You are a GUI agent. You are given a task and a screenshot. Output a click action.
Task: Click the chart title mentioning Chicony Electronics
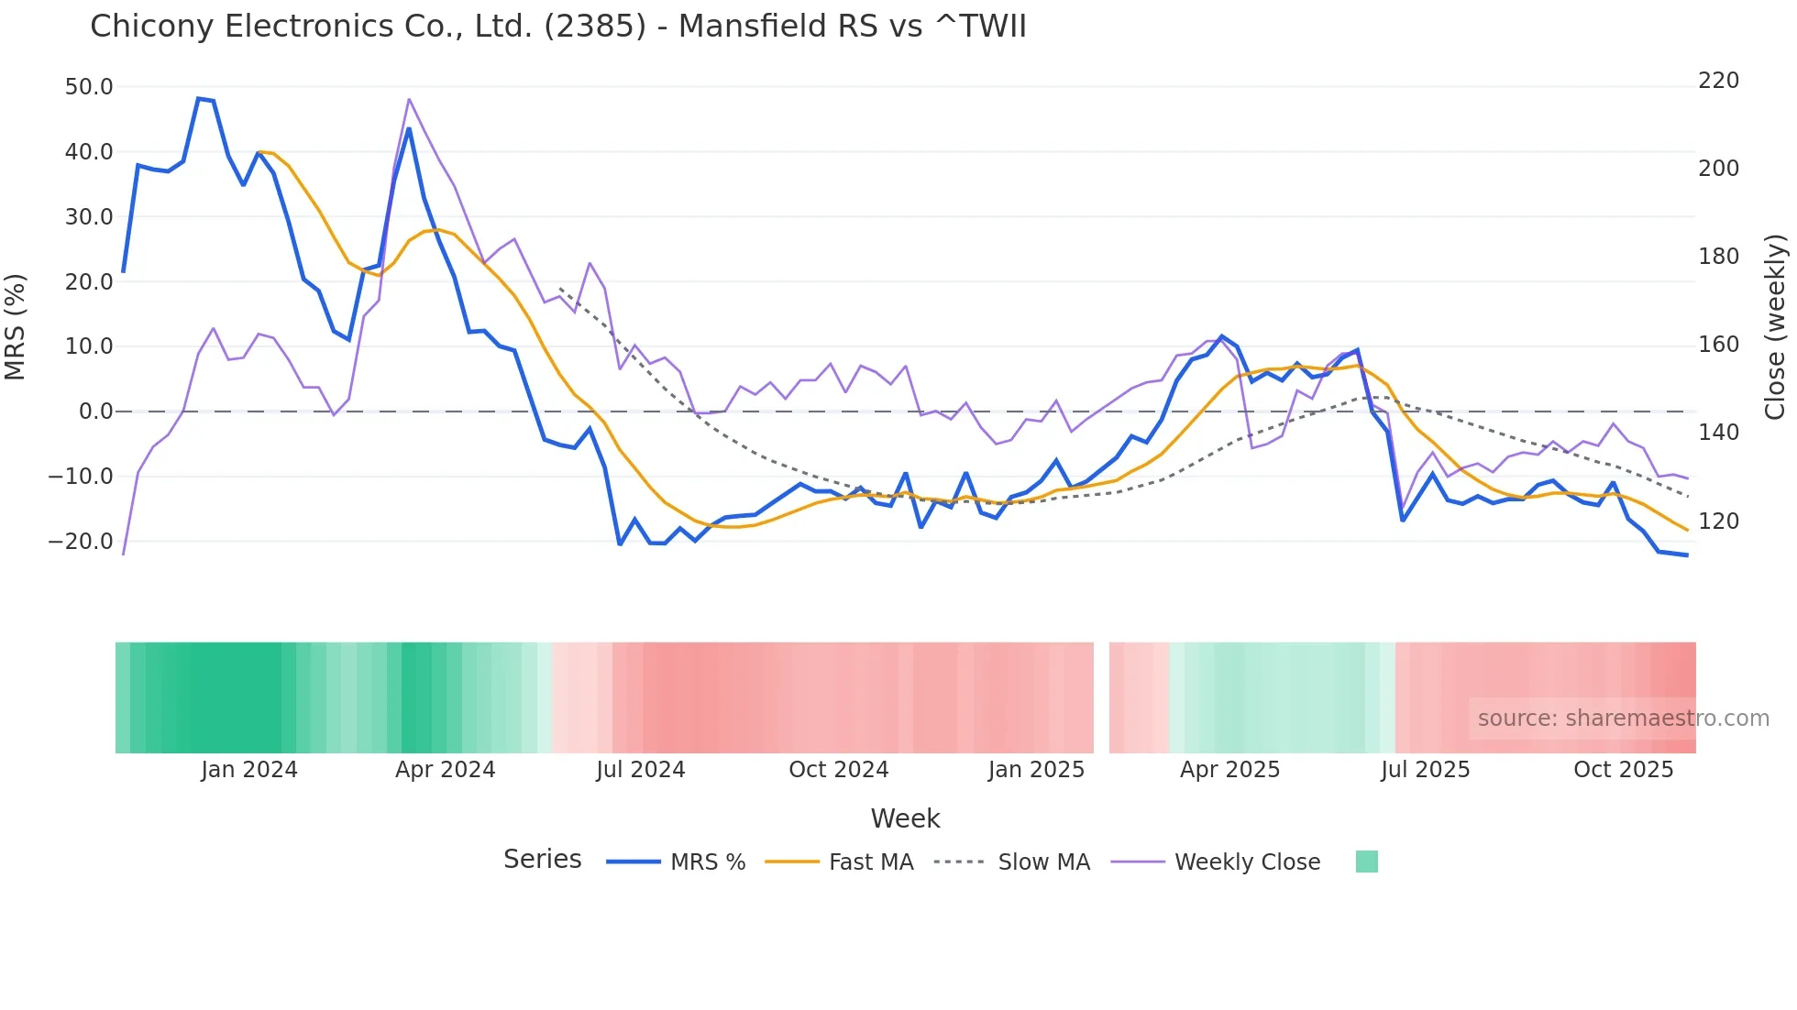click(557, 27)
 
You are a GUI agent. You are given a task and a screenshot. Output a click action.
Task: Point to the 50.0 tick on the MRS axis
click(89, 87)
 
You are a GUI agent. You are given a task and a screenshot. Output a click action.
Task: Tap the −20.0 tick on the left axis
click(81, 542)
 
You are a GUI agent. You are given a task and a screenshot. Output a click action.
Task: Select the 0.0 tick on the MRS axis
click(95, 412)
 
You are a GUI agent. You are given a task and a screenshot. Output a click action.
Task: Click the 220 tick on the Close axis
click(1718, 81)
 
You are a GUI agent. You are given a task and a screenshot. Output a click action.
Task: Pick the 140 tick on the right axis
click(1718, 433)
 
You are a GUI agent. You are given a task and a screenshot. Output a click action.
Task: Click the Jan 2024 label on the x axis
click(249, 770)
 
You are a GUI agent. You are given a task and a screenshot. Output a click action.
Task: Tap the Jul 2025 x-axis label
click(1425, 770)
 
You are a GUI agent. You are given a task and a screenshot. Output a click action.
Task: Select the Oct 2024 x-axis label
click(838, 770)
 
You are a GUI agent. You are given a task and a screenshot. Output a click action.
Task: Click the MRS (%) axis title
click(16, 326)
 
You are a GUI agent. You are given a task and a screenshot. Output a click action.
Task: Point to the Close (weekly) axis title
click(1775, 326)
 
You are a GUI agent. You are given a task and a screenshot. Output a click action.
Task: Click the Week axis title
click(905, 818)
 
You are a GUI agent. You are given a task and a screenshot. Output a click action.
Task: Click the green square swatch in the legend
click(1366, 862)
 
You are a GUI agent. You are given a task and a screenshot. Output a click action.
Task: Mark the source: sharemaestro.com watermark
click(1623, 719)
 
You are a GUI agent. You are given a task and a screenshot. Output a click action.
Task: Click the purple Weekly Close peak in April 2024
click(409, 99)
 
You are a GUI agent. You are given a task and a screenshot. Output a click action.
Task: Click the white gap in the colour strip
click(1101, 697)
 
